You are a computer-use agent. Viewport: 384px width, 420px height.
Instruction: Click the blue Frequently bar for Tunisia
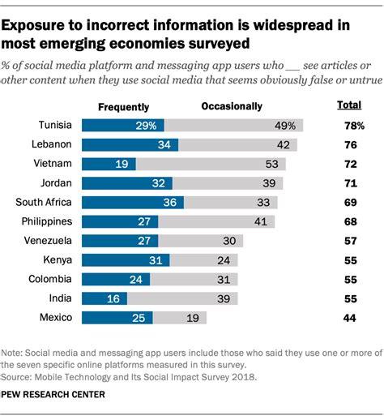coord(123,125)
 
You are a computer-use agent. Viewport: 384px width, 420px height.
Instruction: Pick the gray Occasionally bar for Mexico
coord(182,319)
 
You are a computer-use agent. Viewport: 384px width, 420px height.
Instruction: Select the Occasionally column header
coord(231,106)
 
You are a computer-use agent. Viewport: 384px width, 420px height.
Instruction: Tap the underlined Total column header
coord(348,106)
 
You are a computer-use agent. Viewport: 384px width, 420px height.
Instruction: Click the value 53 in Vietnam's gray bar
coord(273,165)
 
